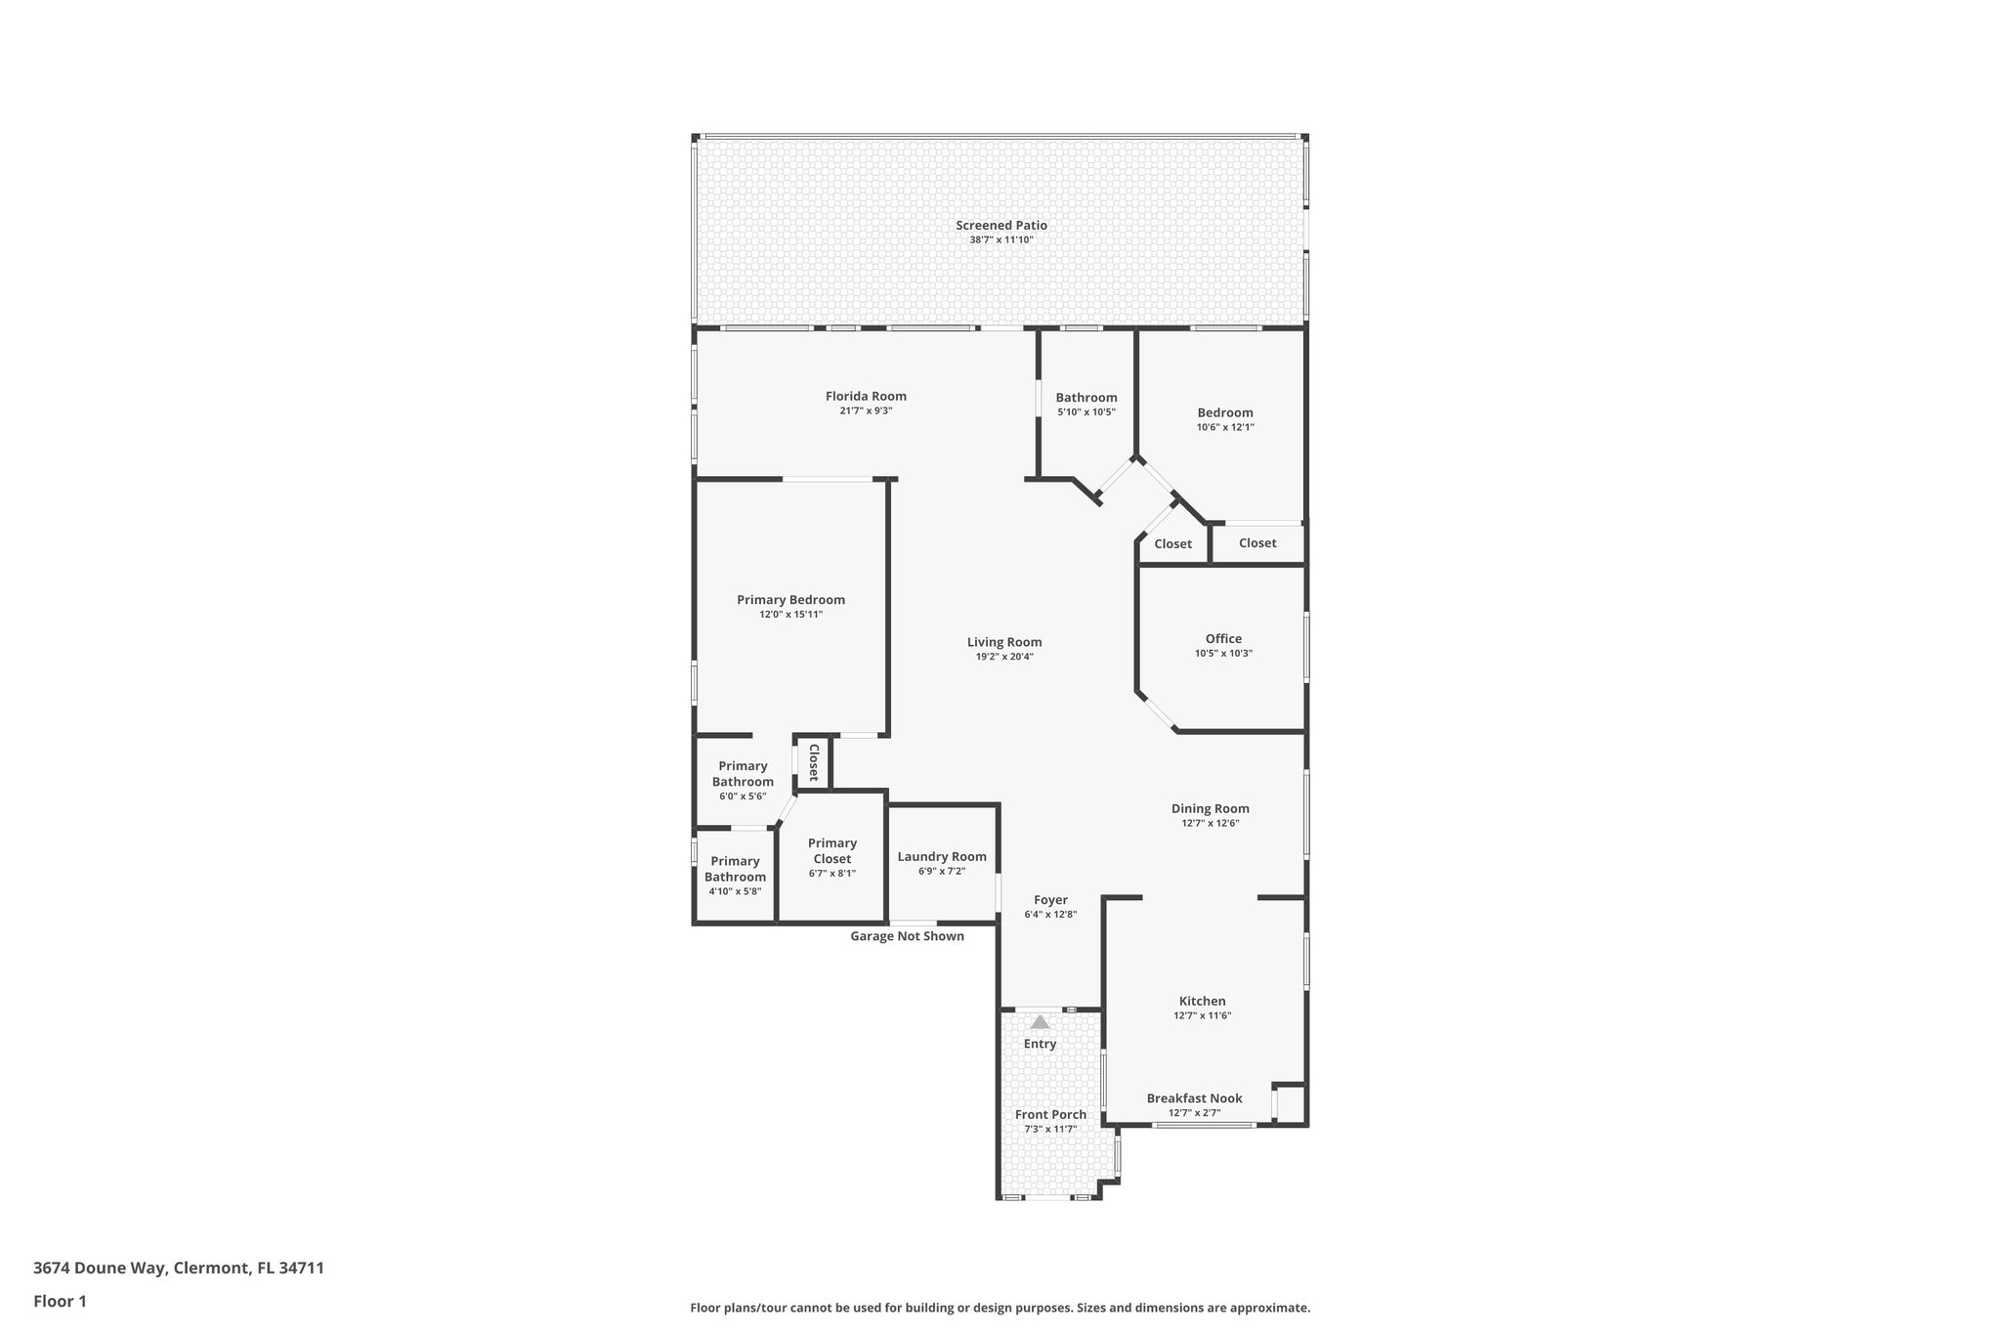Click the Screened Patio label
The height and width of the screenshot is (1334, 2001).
pos(1000,226)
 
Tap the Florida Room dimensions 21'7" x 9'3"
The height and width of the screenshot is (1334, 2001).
pos(866,411)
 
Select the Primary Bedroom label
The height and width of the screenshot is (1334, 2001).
pos(790,600)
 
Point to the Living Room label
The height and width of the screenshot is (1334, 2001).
pos(1004,642)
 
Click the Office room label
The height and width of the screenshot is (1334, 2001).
pos(1223,639)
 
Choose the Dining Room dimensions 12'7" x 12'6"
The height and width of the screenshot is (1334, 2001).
pos(1210,824)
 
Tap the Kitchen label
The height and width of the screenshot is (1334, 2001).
pos(1202,1001)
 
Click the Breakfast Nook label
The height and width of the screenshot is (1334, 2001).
pos(1194,1098)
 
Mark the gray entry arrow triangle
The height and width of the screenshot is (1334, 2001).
pos(1040,1022)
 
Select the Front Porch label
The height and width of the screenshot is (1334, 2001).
pos(1050,1115)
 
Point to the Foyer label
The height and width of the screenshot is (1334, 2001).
pos(1050,900)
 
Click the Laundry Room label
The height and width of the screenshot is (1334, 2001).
pos(942,857)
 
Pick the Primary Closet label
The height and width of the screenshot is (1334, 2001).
pos(832,851)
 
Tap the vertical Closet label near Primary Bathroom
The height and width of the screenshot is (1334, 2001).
pos(813,762)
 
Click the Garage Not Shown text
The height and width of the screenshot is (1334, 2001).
pos(907,936)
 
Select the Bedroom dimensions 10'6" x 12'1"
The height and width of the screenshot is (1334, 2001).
pos(1225,427)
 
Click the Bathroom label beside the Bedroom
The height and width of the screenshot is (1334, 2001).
pos(1086,398)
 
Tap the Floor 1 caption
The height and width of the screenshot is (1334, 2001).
pos(60,1301)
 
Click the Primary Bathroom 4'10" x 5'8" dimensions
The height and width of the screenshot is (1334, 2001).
pos(735,891)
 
